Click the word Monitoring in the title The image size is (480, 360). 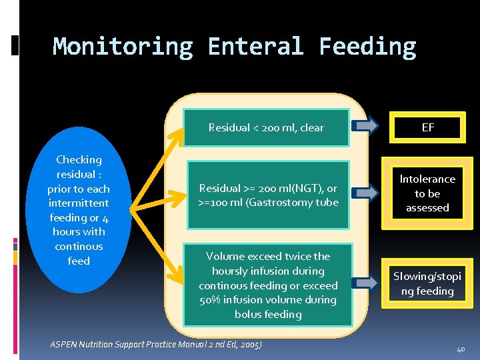click(x=123, y=47)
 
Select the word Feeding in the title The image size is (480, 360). click(x=367, y=47)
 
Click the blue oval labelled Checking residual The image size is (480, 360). click(x=79, y=210)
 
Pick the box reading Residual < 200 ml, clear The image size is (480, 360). click(x=266, y=127)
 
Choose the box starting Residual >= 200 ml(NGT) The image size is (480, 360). click(x=268, y=195)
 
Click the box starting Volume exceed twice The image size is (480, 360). click(x=268, y=285)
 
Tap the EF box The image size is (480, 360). click(x=428, y=127)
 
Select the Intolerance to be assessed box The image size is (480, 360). click(x=427, y=193)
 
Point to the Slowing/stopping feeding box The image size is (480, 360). click(x=427, y=283)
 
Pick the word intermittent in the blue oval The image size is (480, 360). click(x=79, y=203)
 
